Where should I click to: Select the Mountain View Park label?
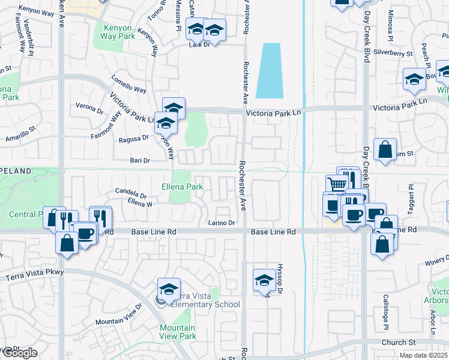point(178,332)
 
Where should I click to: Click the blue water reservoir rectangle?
point(270,70)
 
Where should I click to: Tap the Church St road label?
point(399,343)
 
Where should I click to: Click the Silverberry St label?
point(393,53)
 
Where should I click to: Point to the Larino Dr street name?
point(222,223)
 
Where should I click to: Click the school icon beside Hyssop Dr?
point(265,280)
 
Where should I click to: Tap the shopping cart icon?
point(337,184)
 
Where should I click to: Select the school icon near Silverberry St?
point(414,80)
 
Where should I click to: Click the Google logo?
point(19,353)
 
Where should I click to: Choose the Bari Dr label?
point(139,160)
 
